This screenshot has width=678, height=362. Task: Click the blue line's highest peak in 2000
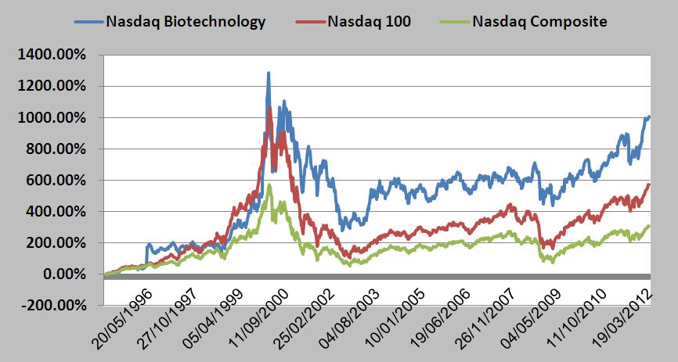pyautogui.click(x=269, y=73)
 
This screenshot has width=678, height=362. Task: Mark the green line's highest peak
pyautogui.click(x=269, y=185)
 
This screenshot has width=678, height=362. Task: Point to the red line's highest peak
pyautogui.click(x=270, y=109)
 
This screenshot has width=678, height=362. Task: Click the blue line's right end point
pyautogui.click(x=649, y=116)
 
